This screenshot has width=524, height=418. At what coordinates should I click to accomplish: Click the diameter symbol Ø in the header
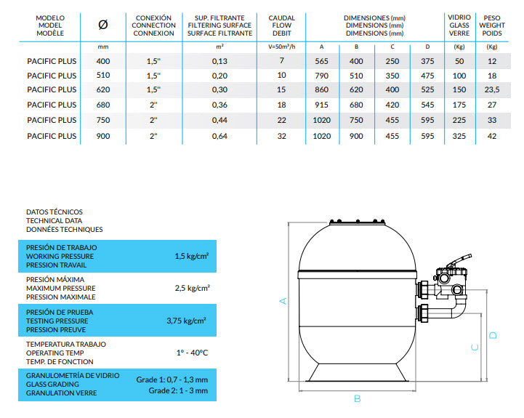coord(103,25)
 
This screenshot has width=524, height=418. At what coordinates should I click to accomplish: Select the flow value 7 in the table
coord(282,60)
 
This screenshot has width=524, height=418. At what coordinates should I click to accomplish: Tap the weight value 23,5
coord(492,89)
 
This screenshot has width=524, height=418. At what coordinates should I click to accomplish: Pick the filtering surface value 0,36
coord(219,105)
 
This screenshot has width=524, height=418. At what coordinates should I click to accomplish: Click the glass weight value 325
coord(459,136)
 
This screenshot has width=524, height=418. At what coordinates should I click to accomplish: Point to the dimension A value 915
coord(321,105)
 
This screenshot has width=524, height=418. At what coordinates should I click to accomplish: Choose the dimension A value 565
coord(321,61)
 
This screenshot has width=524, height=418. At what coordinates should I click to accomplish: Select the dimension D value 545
coord(427,105)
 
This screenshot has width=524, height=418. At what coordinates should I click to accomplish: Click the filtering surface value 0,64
coord(219,136)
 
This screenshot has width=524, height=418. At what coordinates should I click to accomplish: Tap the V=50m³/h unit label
coord(282,47)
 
